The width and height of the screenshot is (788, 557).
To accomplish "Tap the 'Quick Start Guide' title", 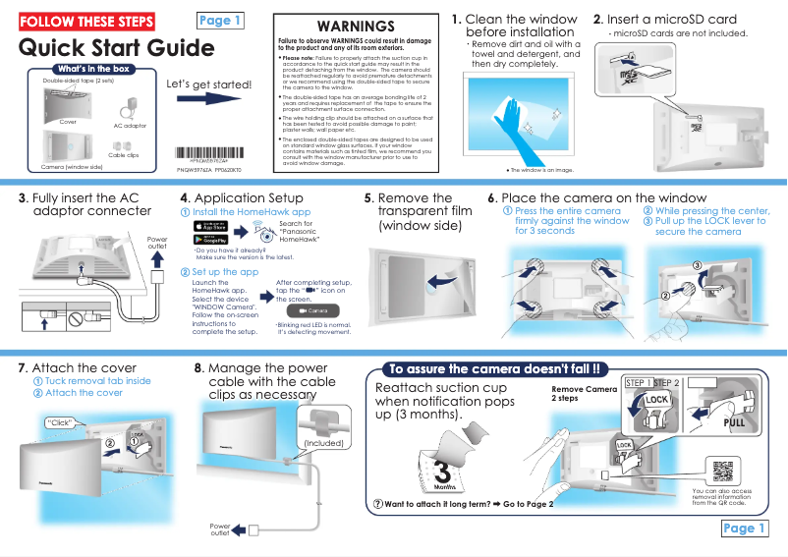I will [116, 48].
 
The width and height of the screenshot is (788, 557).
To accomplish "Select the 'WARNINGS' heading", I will [357, 26].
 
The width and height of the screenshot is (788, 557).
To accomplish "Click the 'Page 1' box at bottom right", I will [743, 529].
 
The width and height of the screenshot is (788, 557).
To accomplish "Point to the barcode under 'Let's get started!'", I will [207, 154].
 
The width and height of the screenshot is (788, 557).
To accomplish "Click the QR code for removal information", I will [724, 471].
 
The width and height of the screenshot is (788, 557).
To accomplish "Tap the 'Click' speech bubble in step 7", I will [61, 423].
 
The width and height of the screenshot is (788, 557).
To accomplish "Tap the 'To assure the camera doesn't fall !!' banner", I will [495, 369].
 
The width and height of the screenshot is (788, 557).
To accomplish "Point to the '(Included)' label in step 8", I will [323, 443].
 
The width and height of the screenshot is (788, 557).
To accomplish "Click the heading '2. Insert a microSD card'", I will [664, 20].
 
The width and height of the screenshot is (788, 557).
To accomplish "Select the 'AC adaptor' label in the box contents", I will [129, 126].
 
